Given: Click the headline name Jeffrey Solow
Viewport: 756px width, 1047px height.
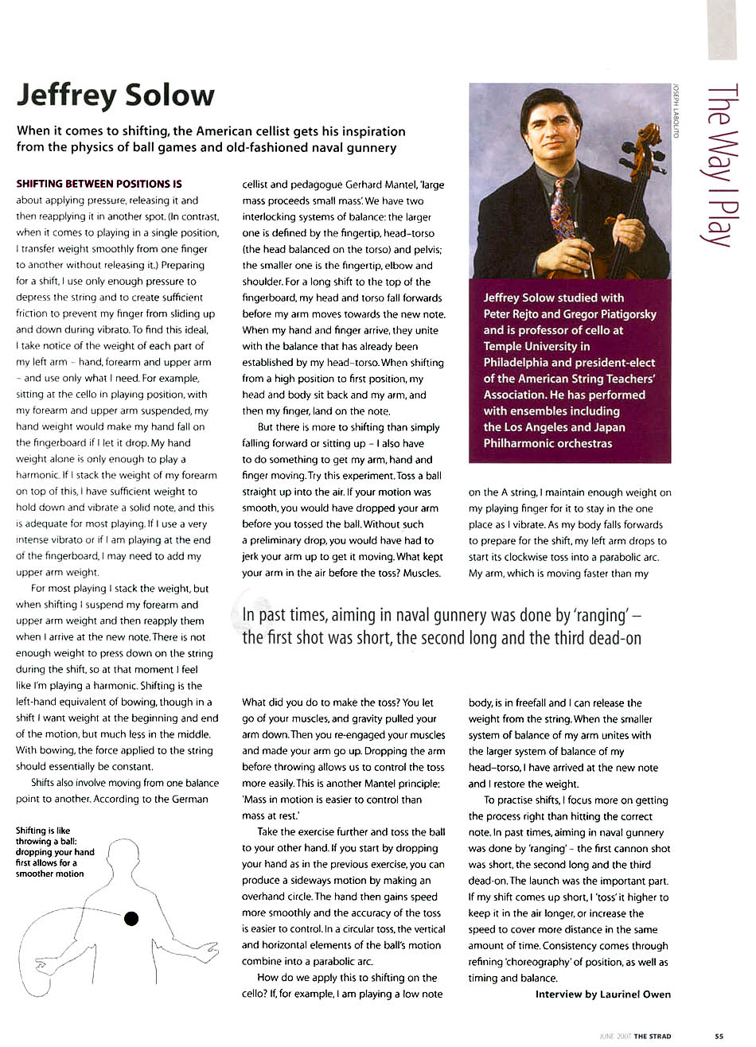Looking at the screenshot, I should tap(116, 95).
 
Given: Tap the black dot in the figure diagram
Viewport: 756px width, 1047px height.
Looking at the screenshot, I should tap(131, 919).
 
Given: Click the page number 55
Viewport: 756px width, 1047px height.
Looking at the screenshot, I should tap(719, 1036).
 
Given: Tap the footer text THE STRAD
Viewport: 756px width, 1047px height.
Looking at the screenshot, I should tap(652, 1036).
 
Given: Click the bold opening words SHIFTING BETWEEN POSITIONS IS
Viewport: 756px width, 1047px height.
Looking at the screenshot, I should tap(99, 185).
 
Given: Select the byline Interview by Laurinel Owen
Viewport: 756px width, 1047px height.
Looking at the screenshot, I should tap(602, 994).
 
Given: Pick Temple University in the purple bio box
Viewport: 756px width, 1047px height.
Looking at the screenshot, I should tap(535, 346).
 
